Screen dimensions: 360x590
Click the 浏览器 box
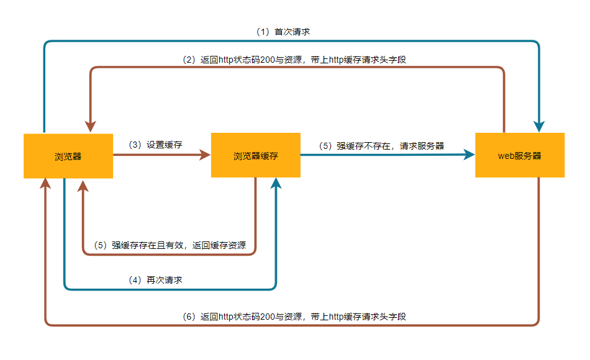tap(68, 156)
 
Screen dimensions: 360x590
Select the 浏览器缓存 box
tap(255, 156)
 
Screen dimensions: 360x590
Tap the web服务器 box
tap(520, 156)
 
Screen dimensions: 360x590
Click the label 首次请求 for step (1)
tap(292, 31)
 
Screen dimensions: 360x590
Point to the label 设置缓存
tap(164, 145)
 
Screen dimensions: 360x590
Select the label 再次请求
tap(164, 280)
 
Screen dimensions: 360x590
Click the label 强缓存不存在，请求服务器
tap(391, 146)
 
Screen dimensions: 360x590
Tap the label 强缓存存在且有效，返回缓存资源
tap(179, 245)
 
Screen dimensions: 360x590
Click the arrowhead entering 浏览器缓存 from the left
tap(205, 155)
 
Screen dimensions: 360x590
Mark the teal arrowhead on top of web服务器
tap(539, 126)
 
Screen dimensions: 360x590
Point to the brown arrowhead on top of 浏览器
tap(91, 126)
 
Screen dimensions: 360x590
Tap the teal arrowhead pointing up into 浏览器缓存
tap(276, 184)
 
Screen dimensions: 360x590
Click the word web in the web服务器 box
tap(506, 156)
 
